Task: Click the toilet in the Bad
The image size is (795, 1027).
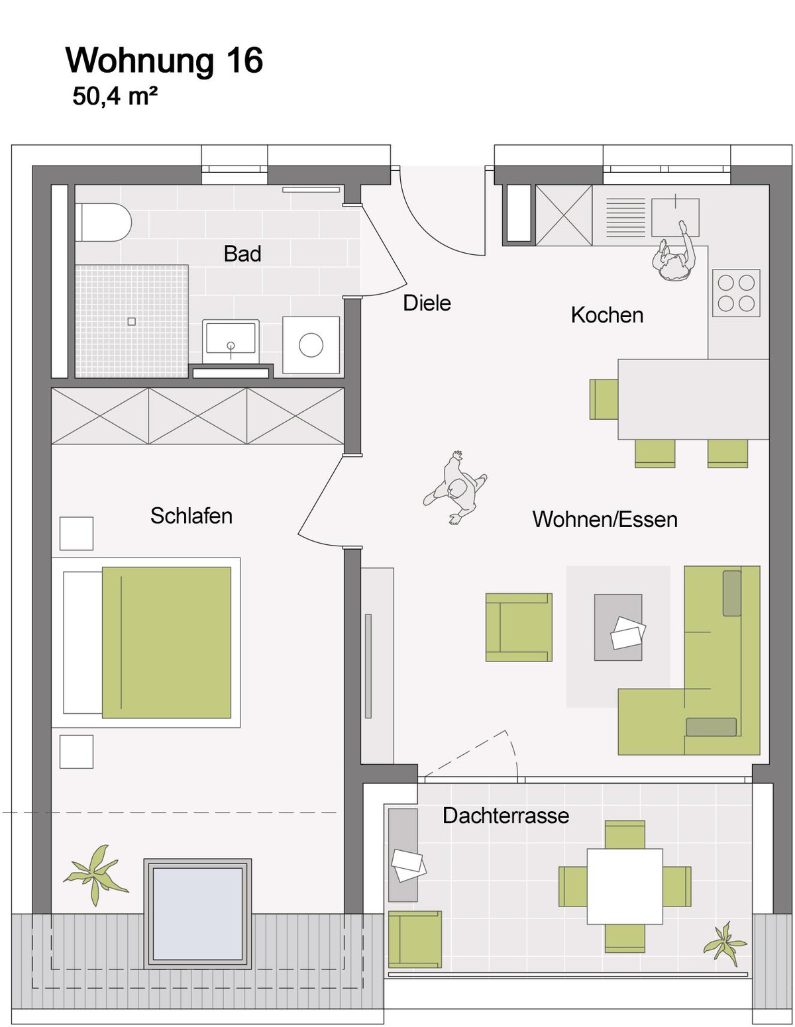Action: click(x=103, y=222)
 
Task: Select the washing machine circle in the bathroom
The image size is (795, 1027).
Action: click(x=311, y=344)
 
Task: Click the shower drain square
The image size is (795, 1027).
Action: click(x=131, y=321)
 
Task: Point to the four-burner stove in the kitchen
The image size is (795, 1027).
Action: click(x=736, y=293)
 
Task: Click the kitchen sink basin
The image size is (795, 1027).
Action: click(x=675, y=217)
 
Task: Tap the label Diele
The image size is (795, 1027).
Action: click(x=427, y=303)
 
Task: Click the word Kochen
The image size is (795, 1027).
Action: click(x=607, y=315)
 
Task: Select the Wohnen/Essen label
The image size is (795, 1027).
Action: click(x=605, y=519)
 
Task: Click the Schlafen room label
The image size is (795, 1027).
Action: click(x=191, y=516)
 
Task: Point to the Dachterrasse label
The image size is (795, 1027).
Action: click(x=505, y=815)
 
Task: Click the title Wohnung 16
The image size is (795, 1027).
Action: click(x=164, y=60)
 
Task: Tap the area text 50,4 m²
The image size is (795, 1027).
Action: click(x=115, y=97)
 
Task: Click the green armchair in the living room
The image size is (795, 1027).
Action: click(x=519, y=627)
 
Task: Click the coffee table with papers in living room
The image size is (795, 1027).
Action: click(x=618, y=627)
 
